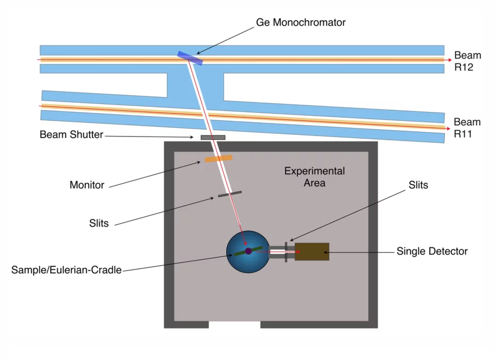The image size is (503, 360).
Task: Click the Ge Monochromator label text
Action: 300,23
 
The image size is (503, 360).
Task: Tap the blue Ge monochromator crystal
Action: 190,57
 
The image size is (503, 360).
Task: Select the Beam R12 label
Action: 467,61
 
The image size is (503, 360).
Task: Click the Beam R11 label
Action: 467,128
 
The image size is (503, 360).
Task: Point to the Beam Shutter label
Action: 71,135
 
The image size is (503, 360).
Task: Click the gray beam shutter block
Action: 213,138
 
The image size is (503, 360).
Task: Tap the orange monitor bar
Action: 219,158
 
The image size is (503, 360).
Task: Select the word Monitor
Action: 87,186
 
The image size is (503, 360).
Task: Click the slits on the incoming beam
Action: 229,194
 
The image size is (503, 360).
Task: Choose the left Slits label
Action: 99,223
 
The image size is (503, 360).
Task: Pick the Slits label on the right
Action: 418,185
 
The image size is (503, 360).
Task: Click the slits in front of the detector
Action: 287,252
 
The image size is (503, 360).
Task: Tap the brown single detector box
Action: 312,252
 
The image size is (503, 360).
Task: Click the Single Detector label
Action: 432,251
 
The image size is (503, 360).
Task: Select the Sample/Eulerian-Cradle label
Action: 66,270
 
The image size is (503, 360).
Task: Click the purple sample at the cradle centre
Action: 248,251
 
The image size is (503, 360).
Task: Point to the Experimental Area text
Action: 314,177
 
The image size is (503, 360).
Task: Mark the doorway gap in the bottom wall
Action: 234,324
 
